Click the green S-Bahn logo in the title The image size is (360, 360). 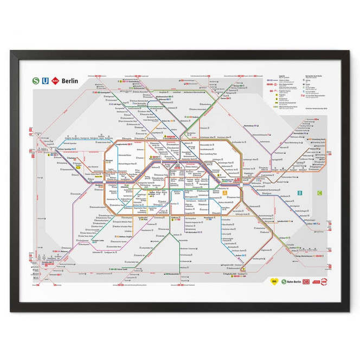click(36, 81)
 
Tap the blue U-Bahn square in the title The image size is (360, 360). click(46, 81)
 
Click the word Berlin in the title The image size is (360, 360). click(70, 81)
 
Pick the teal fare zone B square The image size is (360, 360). click(307, 192)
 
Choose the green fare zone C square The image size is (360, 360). click(319, 192)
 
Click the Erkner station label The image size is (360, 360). click(310, 224)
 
